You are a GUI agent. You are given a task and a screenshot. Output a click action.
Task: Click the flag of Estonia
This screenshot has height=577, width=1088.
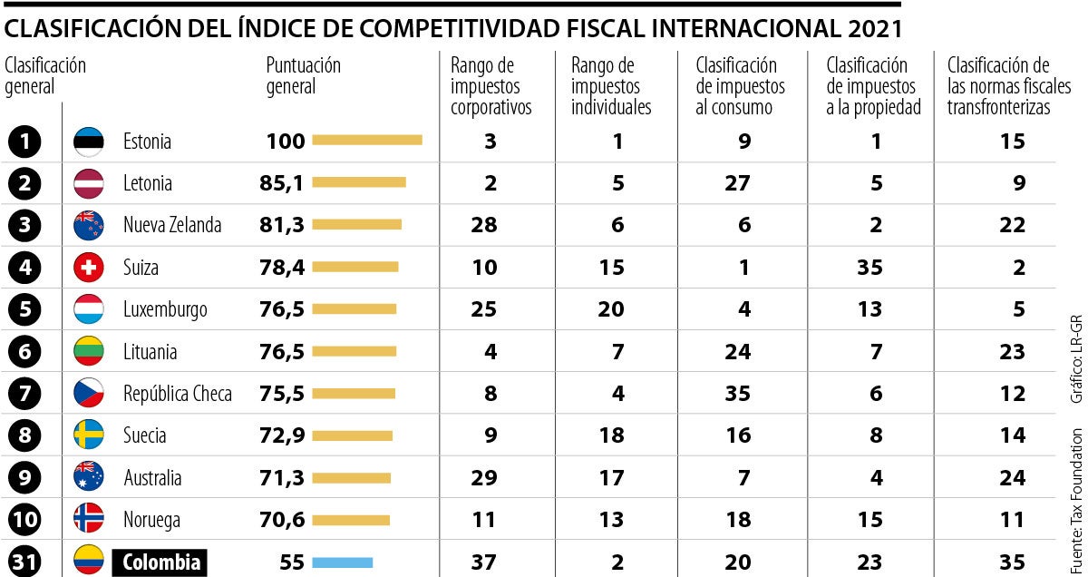pyautogui.click(x=89, y=142)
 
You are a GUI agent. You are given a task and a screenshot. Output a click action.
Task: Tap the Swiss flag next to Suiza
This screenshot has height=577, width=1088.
pyautogui.click(x=89, y=268)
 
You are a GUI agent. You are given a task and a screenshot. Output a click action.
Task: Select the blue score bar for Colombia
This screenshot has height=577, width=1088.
pyautogui.click(x=342, y=562)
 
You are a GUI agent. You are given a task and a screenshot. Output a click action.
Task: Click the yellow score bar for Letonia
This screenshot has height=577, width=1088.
pyautogui.click(x=358, y=183)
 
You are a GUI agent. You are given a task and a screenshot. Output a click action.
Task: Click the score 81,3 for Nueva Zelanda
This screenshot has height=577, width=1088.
pyautogui.click(x=282, y=225)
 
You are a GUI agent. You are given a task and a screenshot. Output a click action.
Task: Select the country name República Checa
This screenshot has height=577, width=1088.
pyautogui.click(x=178, y=394)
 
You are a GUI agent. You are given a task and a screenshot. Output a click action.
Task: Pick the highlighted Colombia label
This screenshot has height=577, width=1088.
pyautogui.click(x=160, y=562)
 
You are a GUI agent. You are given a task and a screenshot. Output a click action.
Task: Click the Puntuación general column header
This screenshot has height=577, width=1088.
pyautogui.click(x=304, y=76)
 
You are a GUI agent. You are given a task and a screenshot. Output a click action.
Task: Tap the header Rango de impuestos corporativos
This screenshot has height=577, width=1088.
pyautogui.click(x=491, y=86)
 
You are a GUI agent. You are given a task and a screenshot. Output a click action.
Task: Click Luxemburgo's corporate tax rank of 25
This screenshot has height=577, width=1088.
pyautogui.click(x=484, y=309)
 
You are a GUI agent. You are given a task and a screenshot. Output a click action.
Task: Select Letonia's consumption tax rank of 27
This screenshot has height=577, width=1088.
pyautogui.click(x=737, y=183)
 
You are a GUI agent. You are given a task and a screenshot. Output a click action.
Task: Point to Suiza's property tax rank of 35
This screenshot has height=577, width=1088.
pyautogui.click(x=869, y=268)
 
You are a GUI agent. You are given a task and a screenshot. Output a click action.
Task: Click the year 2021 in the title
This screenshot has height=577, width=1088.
pyautogui.click(x=876, y=29)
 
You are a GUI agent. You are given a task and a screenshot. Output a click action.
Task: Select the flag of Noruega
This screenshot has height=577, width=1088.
pyautogui.click(x=89, y=520)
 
